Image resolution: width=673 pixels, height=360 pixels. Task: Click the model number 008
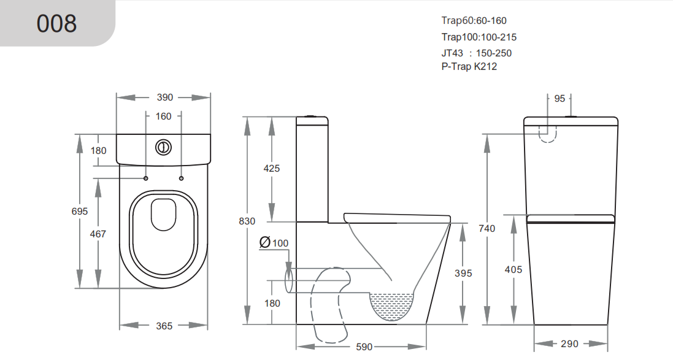click(56, 23)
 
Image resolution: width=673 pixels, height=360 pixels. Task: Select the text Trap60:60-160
click(474, 21)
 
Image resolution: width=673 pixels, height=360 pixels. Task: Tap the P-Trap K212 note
click(469, 67)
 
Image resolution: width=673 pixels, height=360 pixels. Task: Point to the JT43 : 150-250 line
click(476, 53)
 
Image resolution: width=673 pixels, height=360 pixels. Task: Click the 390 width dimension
click(165, 97)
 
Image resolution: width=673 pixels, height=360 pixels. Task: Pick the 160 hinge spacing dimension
click(163, 116)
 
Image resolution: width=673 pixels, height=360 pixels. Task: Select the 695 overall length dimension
click(80, 211)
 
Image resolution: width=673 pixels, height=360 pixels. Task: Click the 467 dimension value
click(98, 234)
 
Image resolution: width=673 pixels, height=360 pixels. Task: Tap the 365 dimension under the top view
click(164, 326)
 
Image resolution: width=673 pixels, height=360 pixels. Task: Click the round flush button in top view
click(163, 147)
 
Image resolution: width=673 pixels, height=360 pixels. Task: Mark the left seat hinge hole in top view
click(145, 178)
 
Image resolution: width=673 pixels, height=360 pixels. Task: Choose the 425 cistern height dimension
click(271, 168)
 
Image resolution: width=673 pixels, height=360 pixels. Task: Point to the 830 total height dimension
click(247, 221)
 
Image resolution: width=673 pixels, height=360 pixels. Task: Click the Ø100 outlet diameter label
click(274, 243)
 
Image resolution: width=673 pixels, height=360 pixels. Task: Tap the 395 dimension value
click(464, 273)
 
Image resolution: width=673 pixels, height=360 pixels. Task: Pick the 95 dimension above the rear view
click(560, 98)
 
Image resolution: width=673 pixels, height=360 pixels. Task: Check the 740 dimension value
click(486, 228)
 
